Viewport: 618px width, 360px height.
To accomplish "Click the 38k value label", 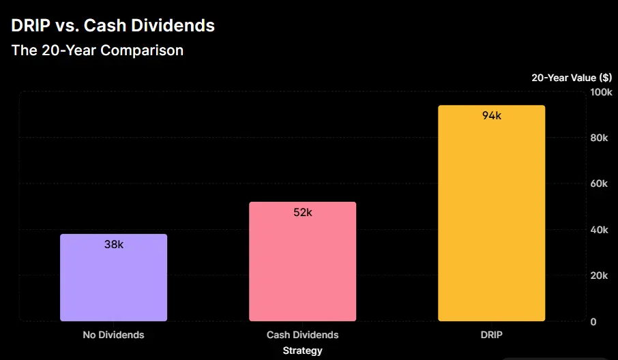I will (x=113, y=244).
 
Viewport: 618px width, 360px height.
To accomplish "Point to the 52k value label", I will (x=302, y=212).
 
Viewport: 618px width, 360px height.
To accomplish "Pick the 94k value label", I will (x=491, y=116).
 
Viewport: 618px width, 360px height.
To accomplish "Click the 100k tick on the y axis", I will (x=600, y=92).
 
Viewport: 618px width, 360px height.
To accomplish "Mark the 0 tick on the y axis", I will (x=593, y=322).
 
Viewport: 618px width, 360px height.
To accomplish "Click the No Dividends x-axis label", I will (x=113, y=335).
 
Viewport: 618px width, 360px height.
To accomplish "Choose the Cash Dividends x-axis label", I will (x=302, y=335).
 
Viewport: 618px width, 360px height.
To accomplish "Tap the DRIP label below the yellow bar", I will (x=491, y=335).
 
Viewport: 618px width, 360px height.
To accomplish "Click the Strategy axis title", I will (x=302, y=350).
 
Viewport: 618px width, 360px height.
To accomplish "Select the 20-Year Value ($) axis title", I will (x=572, y=78).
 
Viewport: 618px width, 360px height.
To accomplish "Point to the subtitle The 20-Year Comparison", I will (x=97, y=50).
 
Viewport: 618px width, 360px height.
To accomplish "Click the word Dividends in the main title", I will (x=178, y=26).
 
